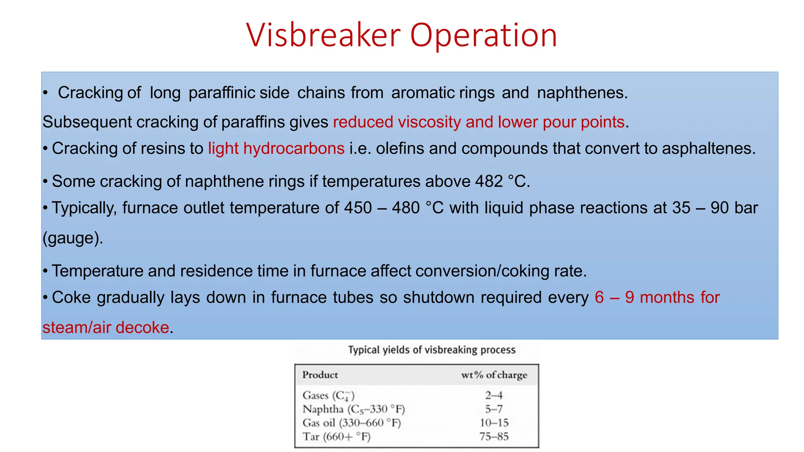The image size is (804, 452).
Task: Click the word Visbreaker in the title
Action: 323,35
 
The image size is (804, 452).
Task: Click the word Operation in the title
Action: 483,35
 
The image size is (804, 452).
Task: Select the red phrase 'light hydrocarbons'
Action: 276,149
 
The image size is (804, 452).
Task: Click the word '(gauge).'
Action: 73,238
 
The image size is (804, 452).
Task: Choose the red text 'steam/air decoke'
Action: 106,328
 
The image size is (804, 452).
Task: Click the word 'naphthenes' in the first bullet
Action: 582,93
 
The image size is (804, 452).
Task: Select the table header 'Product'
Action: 320,375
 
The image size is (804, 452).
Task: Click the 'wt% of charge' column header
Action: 494,375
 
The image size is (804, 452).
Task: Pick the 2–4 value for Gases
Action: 493,395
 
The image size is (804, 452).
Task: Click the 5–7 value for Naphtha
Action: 493,409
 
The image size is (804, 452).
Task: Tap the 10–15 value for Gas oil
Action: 493,423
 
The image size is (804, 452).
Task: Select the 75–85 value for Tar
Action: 493,437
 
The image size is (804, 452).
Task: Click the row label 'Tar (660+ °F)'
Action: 336,437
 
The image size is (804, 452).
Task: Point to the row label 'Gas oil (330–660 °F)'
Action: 351,423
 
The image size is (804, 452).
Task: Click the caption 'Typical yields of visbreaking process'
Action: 431,350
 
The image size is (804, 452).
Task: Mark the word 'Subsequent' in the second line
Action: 87,122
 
